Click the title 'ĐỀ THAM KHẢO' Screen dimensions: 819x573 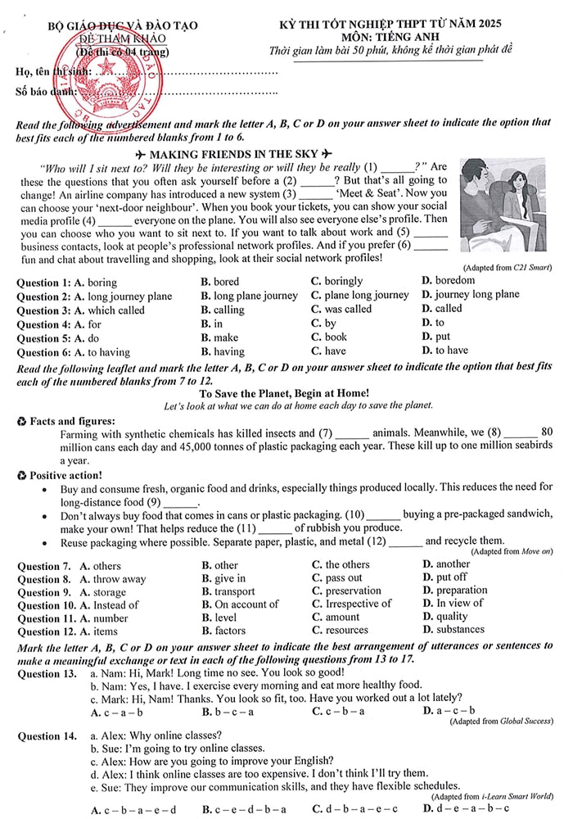coord(127,39)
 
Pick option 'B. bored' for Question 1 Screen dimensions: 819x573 coord(220,282)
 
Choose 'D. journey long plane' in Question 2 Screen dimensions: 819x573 coord(470,295)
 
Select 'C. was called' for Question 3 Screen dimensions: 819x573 coord(341,310)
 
